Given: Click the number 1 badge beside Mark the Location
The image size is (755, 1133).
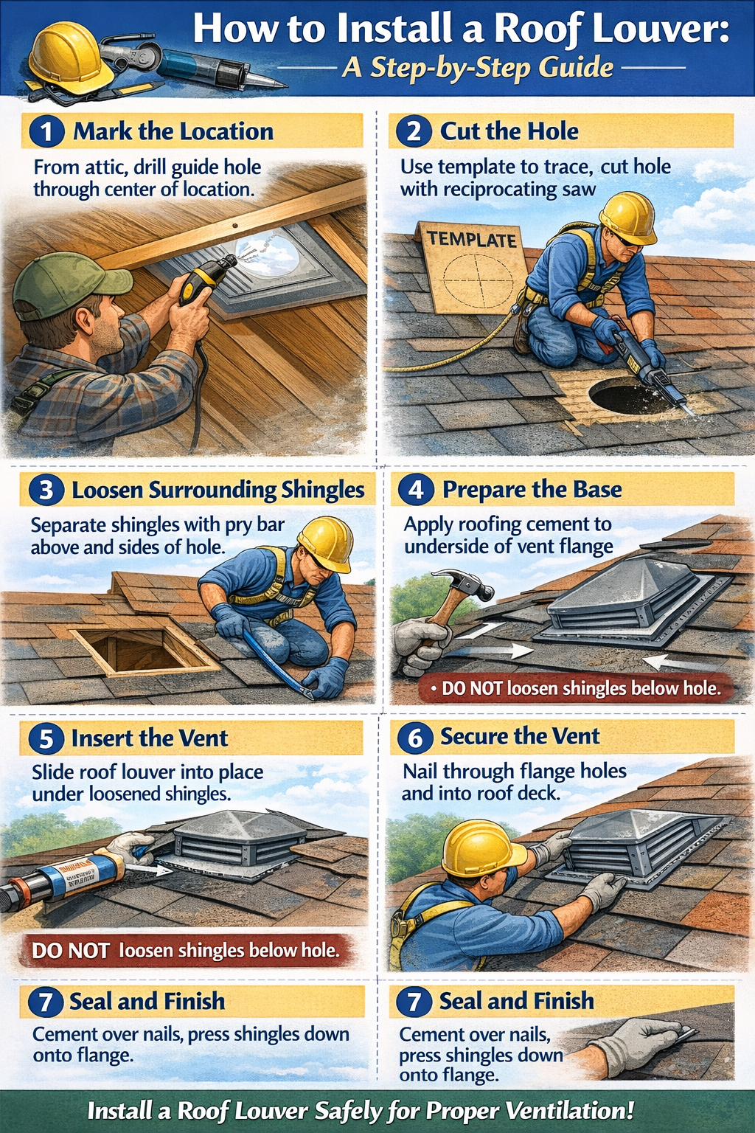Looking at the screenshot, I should (46, 132).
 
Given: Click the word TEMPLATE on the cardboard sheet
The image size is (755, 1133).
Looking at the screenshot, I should (472, 239).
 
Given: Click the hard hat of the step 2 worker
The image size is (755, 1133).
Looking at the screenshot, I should (627, 217).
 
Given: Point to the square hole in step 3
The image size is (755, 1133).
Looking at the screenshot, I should (140, 650).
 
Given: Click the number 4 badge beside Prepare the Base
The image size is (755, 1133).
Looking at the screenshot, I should (416, 490).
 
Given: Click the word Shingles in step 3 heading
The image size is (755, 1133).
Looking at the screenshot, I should (323, 490).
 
